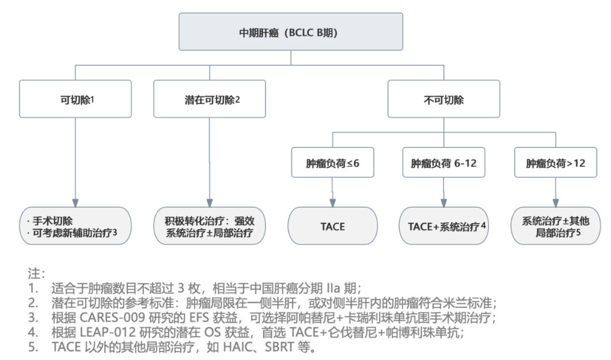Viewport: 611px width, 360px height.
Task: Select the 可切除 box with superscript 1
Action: (75, 98)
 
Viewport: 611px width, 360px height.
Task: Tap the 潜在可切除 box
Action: (209, 98)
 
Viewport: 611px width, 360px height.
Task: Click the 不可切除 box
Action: (443, 98)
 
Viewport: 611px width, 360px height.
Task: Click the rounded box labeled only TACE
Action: (332, 226)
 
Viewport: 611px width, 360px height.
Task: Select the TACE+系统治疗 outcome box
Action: (443, 226)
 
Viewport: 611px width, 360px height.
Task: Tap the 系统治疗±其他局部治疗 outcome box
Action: (556, 226)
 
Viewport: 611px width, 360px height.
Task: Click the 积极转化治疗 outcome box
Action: (209, 226)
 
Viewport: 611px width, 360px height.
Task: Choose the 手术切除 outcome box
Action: (75, 226)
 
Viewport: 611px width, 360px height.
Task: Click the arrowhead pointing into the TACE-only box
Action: (332, 203)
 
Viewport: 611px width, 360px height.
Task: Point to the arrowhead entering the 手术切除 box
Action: (75, 203)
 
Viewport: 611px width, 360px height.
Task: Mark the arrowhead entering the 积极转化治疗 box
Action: (209, 203)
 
